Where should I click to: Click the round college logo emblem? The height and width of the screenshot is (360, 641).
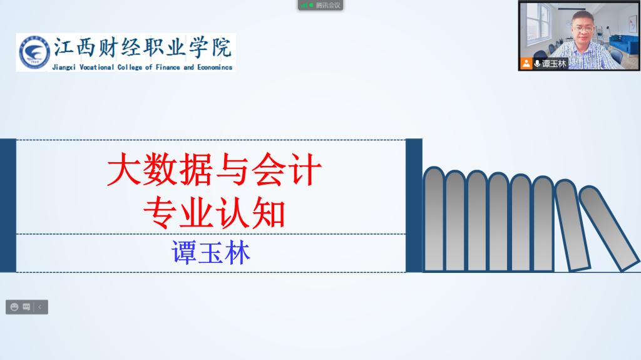coord(34,53)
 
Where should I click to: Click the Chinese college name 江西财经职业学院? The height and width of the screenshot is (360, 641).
coord(143,48)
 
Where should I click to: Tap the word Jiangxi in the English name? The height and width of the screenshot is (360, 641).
coord(64,68)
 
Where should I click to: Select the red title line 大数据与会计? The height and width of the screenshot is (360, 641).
coord(214,170)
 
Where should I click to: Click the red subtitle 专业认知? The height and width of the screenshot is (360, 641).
coord(214,213)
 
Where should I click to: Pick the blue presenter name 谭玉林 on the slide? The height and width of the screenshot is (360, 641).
coord(211,252)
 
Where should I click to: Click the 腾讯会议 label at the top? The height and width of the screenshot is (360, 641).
coord(328,5)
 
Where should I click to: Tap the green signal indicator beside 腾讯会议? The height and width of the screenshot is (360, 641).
coord(307,5)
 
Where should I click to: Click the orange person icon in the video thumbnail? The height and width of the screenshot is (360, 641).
coord(526,63)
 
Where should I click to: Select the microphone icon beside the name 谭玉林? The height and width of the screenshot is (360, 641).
coord(536,63)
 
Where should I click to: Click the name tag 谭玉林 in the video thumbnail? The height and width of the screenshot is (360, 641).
coord(554,64)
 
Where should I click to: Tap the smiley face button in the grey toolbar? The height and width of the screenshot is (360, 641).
coord(14,307)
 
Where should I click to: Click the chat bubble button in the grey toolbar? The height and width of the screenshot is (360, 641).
coord(26,307)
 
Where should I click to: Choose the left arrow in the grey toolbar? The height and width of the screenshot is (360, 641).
coord(39,307)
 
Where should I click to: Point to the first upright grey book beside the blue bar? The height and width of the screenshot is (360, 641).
coord(434,219)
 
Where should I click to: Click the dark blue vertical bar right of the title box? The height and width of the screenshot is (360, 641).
coord(414,205)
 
